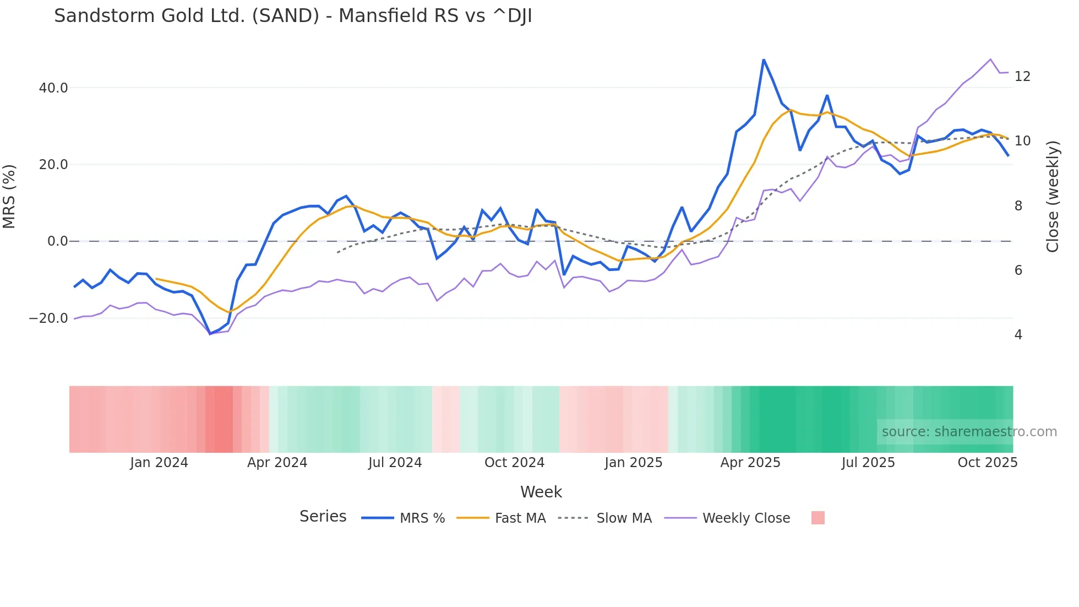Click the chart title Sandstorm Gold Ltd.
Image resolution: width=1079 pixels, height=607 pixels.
(293, 16)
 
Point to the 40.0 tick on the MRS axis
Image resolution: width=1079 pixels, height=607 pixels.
(53, 88)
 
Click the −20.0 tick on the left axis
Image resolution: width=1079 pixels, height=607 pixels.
(48, 318)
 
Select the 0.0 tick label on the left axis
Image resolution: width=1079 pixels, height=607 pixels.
(58, 241)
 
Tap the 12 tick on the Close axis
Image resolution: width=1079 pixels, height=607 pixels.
(1022, 77)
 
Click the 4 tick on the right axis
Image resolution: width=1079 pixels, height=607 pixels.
(1018, 335)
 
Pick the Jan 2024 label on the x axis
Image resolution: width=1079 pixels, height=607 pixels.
(159, 463)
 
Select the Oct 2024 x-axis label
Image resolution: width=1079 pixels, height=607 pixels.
(514, 463)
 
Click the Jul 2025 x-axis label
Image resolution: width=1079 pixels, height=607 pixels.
(868, 463)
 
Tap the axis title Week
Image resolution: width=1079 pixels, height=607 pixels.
(541, 492)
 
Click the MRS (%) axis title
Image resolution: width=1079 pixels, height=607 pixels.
(9, 196)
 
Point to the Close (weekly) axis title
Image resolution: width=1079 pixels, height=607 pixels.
(1053, 196)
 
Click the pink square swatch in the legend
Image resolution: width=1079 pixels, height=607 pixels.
(818, 518)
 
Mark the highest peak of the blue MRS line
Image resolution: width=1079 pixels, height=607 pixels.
(764, 59)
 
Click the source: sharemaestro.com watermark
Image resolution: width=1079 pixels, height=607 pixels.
(969, 432)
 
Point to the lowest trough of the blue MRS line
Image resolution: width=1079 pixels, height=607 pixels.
(210, 334)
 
